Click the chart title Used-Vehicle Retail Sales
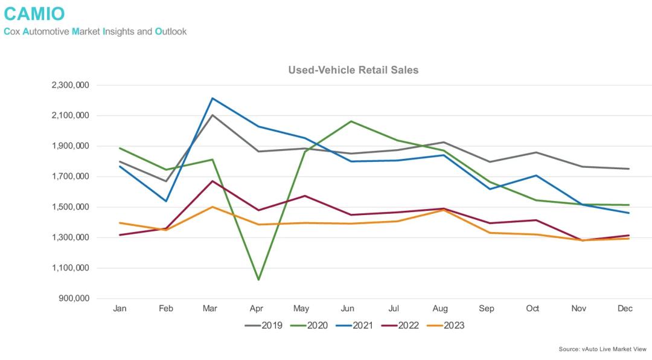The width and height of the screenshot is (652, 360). [353, 70]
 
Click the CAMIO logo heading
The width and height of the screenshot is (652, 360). [34, 13]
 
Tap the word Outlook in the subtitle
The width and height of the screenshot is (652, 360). [171, 31]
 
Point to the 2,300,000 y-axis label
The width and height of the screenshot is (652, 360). [71, 85]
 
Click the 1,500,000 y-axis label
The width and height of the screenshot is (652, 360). [71, 207]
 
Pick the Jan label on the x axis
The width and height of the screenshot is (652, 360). [120, 309]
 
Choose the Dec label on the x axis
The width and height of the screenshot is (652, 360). [625, 309]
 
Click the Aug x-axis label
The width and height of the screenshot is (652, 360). [441, 309]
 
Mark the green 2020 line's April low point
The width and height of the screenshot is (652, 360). [258, 280]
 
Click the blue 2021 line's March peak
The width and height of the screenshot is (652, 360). [213, 98]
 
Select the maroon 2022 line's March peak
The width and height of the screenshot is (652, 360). [213, 181]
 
